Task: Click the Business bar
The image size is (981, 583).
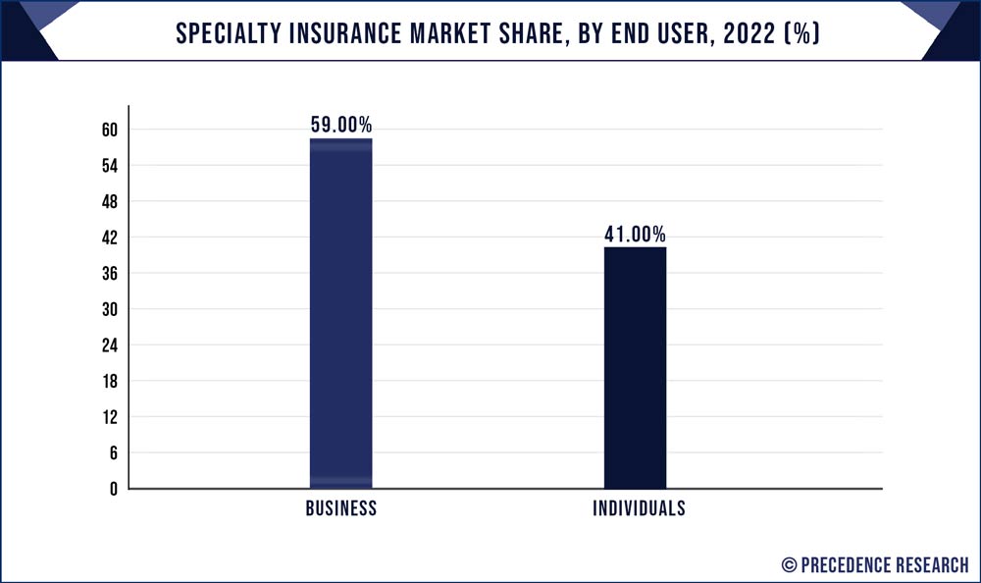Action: tap(340, 314)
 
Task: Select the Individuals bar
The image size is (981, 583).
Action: tap(635, 368)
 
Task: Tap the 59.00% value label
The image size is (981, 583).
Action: tap(340, 125)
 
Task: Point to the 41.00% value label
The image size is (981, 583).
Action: tap(635, 234)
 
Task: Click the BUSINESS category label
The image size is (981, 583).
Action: tap(340, 509)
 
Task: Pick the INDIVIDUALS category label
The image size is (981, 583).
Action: tap(639, 509)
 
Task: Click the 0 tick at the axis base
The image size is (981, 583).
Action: tap(114, 489)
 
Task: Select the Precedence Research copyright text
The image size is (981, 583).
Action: tap(875, 564)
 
